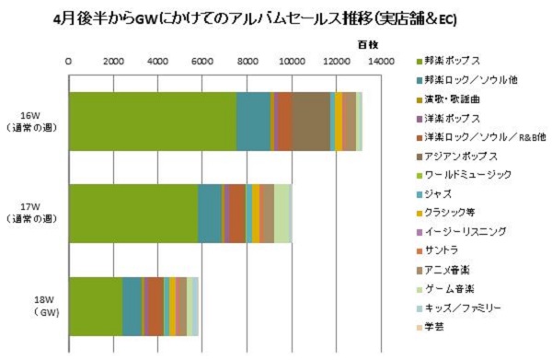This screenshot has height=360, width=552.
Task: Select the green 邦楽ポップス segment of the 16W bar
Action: [x=153, y=121]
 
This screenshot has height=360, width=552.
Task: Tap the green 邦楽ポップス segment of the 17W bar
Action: [x=133, y=213]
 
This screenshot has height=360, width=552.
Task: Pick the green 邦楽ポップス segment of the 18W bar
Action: [x=96, y=305]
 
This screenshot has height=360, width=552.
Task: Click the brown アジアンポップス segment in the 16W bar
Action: [x=311, y=121]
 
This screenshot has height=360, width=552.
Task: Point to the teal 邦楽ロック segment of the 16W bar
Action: [x=254, y=121]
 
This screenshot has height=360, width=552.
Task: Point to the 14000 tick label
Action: [x=380, y=62]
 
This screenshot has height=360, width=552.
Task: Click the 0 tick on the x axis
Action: [x=69, y=62]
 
